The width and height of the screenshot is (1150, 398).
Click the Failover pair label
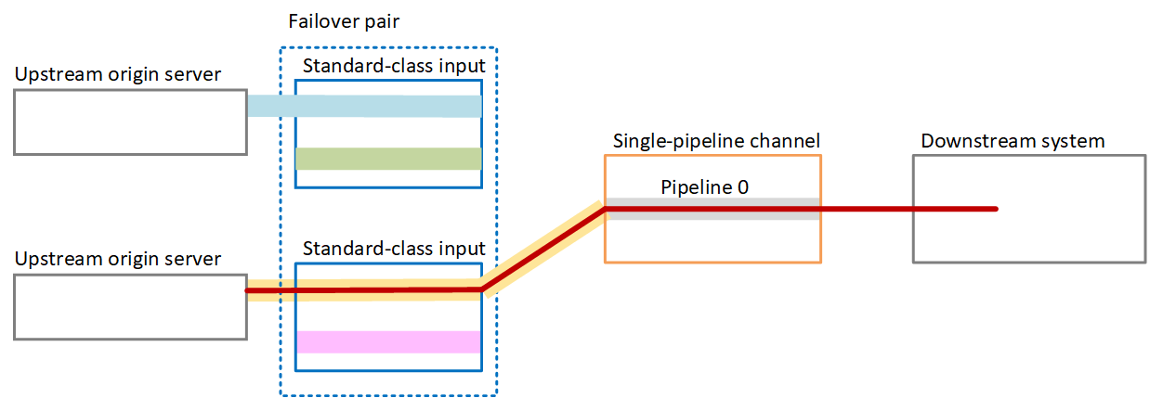coord(344,21)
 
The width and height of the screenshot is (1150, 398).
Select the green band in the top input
coord(387,159)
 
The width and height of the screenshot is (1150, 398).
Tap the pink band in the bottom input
coord(387,341)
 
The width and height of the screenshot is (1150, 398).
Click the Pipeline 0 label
coord(704,186)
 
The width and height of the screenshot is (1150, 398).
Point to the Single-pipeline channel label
coord(716,142)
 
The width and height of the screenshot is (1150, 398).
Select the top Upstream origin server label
coord(118,74)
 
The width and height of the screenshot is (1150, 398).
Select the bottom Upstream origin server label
coord(118,259)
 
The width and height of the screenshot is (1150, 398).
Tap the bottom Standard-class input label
coord(394,249)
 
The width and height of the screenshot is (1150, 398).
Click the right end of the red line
coord(996,209)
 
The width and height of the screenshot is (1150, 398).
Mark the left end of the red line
coord(247,291)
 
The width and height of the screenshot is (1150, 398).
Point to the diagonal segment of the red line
coord(543,249)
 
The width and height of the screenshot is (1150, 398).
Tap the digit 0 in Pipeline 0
coord(742,186)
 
